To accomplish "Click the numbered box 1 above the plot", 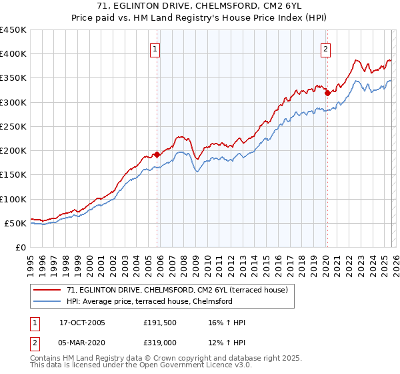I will click(155, 48).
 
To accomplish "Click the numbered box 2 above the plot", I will click(325, 48).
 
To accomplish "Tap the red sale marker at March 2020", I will click(327, 93).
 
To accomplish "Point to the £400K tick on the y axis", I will click(13, 54).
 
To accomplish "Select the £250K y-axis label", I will click(13, 126).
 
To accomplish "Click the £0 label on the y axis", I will click(21, 247).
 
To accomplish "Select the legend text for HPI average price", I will click(149, 301).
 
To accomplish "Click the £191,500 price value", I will click(161, 323).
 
